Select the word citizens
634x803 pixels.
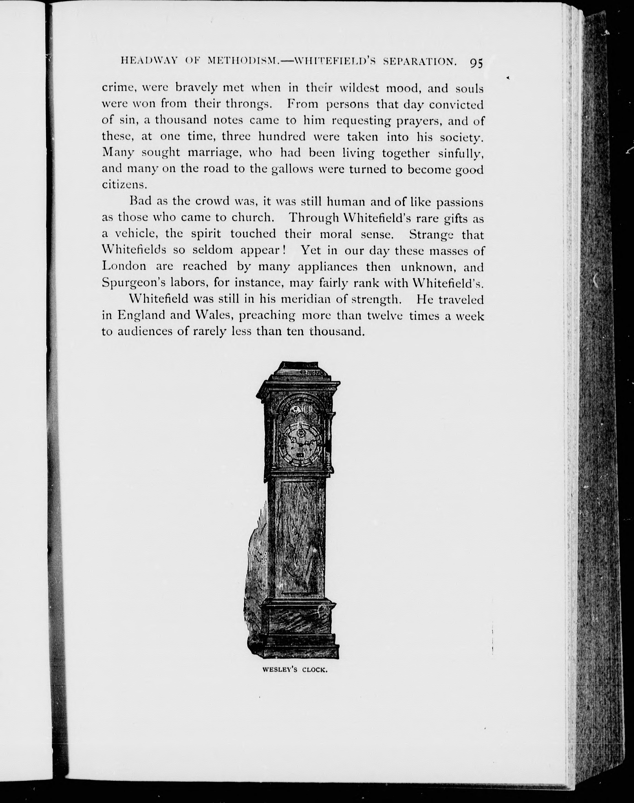click(x=120, y=185)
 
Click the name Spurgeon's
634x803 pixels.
click(x=133, y=283)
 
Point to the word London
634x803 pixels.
click(x=124, y=266)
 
